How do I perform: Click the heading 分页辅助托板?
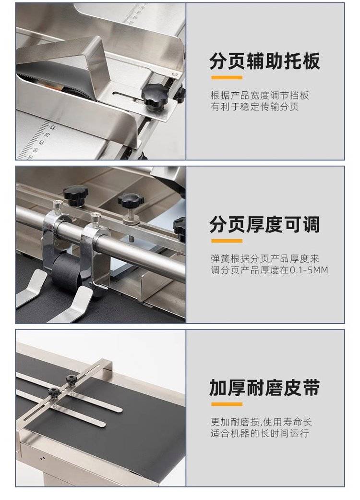point(264,61)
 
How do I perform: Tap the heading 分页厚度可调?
point(264,224)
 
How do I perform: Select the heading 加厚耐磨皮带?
point(264,388)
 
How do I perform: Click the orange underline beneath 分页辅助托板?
point(227,77)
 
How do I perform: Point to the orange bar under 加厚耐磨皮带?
point(227,404)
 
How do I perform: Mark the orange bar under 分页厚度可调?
point(227,241)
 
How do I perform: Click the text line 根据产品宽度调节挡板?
point(260,96)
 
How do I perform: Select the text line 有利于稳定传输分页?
point(254,107)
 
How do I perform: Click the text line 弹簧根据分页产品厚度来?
point(265,258)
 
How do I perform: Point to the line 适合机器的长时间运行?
point(260,433)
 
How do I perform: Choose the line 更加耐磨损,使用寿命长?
point(261,422)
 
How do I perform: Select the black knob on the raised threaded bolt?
point(131,201)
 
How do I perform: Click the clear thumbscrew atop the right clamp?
point(96,218)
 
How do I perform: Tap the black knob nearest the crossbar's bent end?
point(72,379)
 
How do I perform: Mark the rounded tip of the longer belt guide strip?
point(120,410)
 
